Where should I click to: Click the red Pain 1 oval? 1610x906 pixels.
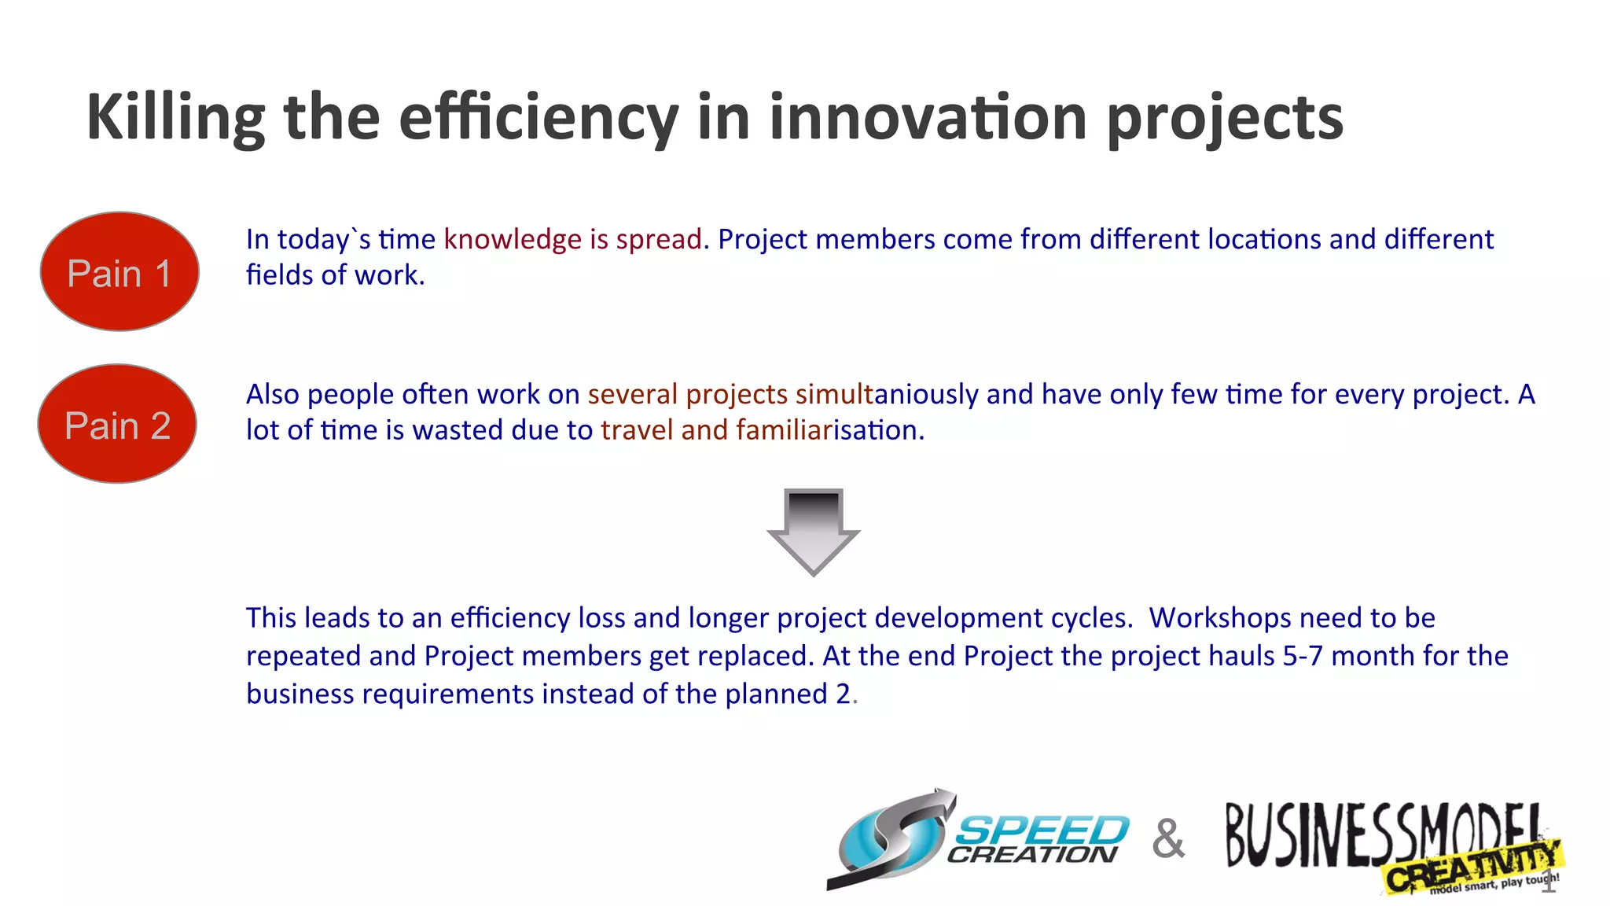pos(119,271)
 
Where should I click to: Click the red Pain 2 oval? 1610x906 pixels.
pos(117,424)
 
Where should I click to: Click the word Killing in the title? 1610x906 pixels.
pos(176,117)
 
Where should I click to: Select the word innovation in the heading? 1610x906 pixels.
pos(928,117)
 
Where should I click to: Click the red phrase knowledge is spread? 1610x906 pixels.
pos(572,239)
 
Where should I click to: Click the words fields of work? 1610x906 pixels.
pos(334,275)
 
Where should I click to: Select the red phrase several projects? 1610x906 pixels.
pos(687,394)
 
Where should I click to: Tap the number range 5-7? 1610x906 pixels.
pos(1303,656)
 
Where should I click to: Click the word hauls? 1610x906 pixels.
pos(1241,656)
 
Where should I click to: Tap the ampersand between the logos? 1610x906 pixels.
pos(1168,838)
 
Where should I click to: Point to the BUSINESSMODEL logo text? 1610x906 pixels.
pos(1376,834)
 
